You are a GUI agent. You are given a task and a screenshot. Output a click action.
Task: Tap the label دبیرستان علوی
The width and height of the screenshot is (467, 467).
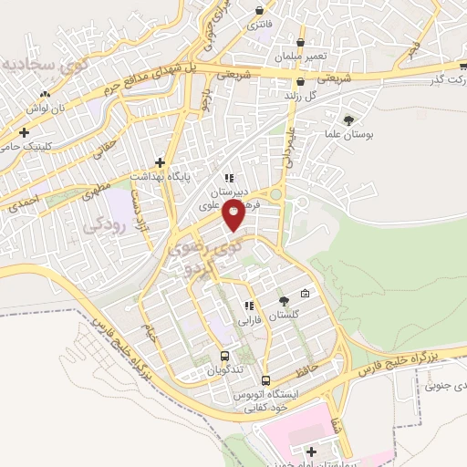229,192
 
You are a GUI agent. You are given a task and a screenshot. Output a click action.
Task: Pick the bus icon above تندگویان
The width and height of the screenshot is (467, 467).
224,357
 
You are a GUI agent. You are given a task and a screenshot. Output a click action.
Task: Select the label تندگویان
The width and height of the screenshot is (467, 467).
223,371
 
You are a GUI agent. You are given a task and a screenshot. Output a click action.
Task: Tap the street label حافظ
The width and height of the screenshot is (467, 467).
304,372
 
